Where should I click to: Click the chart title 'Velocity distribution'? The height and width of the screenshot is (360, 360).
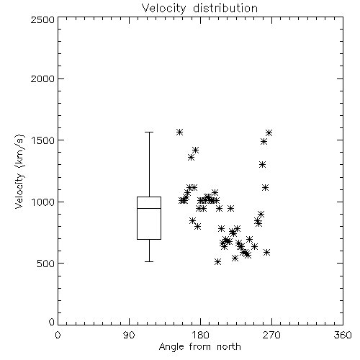199,8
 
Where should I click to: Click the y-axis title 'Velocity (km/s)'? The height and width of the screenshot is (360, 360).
19,171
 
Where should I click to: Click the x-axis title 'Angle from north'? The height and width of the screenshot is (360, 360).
199,347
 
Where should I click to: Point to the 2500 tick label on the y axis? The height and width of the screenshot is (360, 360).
42,19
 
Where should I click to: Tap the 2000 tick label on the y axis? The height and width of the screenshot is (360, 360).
42,78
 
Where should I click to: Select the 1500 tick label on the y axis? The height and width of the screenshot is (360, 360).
43,140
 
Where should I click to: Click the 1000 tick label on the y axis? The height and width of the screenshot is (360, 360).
43,202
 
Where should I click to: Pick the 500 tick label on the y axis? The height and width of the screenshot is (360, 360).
46,264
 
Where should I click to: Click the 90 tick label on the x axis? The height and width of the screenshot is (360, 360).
129,335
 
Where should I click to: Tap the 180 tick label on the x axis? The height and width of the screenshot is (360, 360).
200,335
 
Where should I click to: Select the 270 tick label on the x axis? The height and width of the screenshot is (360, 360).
271,335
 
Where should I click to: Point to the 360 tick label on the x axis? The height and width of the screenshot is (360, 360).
343,335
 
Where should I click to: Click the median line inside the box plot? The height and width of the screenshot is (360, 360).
149,208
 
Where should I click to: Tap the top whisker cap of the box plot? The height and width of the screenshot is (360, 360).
149,132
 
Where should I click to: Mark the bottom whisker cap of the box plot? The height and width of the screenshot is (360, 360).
149,261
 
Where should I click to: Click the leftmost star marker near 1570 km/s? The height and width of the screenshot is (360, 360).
179,132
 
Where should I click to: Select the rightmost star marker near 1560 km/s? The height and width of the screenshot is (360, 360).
269,132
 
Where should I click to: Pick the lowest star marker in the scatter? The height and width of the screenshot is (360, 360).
217,261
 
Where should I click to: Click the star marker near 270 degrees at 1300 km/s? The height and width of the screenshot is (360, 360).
262,165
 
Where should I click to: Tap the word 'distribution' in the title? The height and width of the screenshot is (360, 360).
225,8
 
